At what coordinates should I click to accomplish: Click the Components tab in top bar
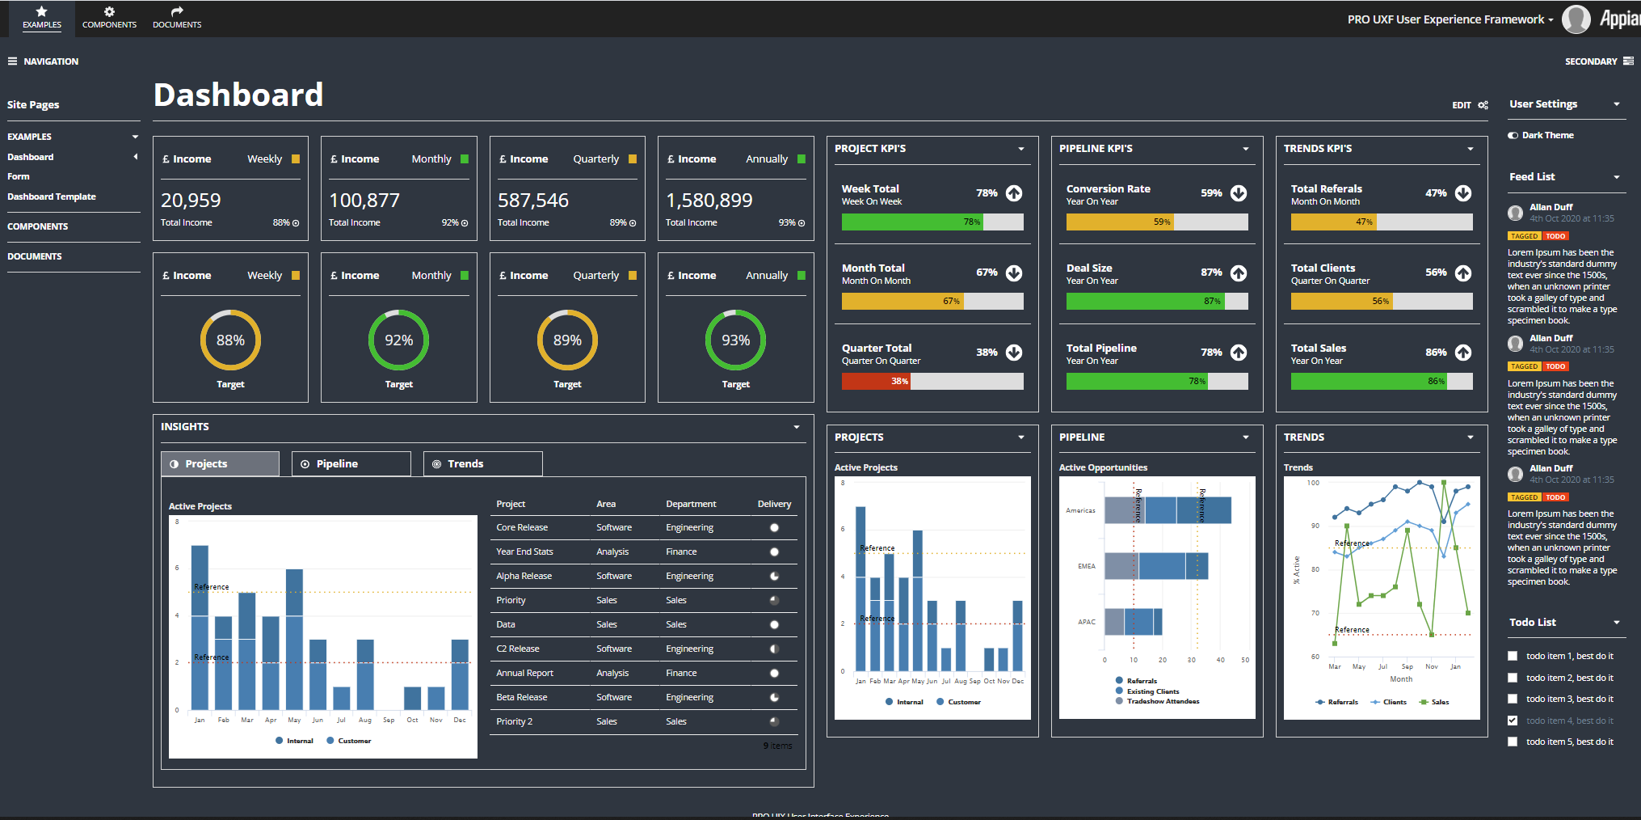pyautogui.click(x=109, y=18)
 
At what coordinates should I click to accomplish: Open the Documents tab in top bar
pyautogui.click(x=177, y=18)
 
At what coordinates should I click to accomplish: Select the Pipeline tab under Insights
pyautogui.click(x=351, y=463)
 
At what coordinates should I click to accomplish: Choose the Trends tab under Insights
pyautogui.click(x=482, y=463)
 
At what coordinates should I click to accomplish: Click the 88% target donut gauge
pyautogui.click(x=230, y=340)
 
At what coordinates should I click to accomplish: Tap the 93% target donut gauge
pyautogui.click(x=735, y=340)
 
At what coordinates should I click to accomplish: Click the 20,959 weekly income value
pyautogui.click(x=191, y=201)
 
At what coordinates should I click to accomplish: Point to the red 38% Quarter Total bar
pyautogui.click(x=876, y=381)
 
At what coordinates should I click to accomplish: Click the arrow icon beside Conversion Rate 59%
pyautogui.click(x=1238, y=193)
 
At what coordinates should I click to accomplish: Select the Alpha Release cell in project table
pyautogui.click(x=524, y=576)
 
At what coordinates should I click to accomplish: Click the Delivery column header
pyautogui.click(x=774, y=504)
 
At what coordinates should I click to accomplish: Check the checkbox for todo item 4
pyautogui.click(x=1513, y=721)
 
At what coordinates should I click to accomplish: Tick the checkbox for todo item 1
pyautogui.click(x=1513, y=656)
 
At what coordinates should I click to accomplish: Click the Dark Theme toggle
pyautogui.click(x=1513, y=135)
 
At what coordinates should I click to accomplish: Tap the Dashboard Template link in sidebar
pyautogui.click(x=52, y=197)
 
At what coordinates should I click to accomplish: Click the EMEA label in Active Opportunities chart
pyautogui.click(x=1086, y=566)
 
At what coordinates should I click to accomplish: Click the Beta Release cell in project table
pyautogui.click(x=521, y=697)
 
